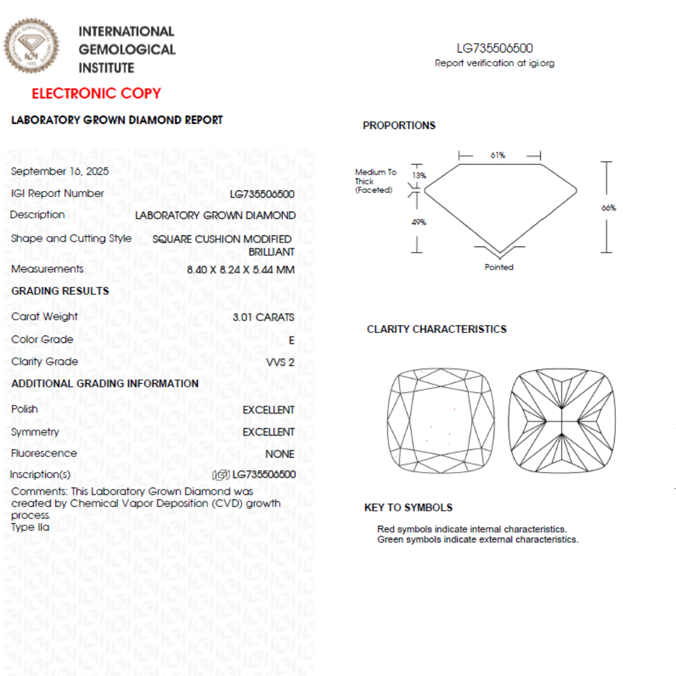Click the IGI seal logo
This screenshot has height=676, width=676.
click(x=31, y=46)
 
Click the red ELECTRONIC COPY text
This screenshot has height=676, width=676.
click(x=96, y=94)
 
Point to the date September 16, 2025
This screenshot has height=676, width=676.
click(x=60, y=172)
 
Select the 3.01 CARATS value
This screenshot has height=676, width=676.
click(x=263, y=317)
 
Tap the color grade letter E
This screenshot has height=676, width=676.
click(x=291, y=341)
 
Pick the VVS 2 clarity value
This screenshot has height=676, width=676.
click(x=280, y=362)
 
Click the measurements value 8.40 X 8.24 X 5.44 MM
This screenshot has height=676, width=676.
click(x=240, y=270)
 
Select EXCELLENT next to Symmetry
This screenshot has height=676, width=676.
click(x=269, y=433)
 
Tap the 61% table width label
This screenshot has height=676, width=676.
click(x=498, y=155)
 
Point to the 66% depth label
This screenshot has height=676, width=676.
click(x=608, y=208)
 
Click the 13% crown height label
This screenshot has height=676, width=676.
click(x=419, y=176)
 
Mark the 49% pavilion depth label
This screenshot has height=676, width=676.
click(x=419, y=222)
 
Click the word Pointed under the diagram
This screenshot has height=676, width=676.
click(x=499, y=267)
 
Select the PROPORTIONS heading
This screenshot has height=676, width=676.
click(x=399, y=126)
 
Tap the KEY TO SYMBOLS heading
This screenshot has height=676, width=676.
click(x=408, y=508)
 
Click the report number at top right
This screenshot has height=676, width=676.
click(x=494, y=48)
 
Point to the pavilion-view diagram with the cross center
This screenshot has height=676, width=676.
click(x=561, y=421)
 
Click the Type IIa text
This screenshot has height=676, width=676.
click(x=30, y=527)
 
